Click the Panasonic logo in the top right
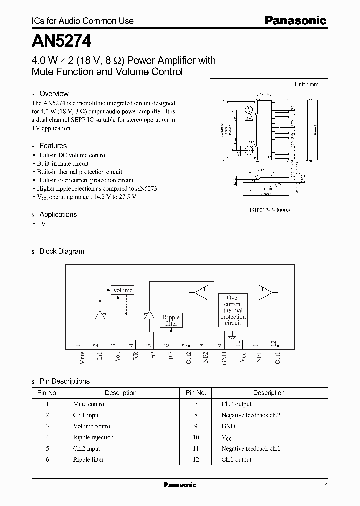tap(295, 20)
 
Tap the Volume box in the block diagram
tap(122, 290)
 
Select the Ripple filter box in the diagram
tap(171, 320)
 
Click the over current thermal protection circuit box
tap(233, 310)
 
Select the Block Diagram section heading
tap(62, 251)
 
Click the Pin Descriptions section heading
tap(64, 381)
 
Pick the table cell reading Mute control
tap(89, 404)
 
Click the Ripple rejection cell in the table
tap(93, 437)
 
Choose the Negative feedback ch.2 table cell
tap(251, 415)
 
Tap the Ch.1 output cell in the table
tap(237, 459)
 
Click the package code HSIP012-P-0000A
tap(268, 210)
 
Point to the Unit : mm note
tap(306, 84)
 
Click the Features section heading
tap(53, 146)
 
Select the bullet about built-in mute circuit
tap(63, 163)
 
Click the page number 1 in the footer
tap(326, 485)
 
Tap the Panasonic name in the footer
tap(180, 485)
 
